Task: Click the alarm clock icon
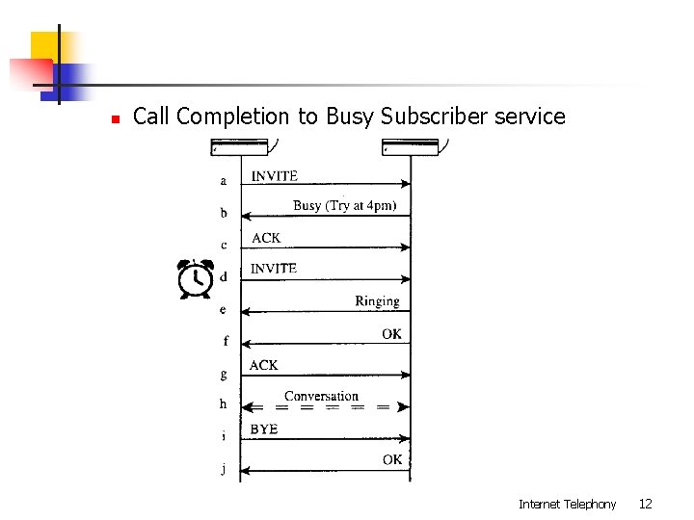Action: (x=197, y=278)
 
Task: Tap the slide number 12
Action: (x=646, y=504)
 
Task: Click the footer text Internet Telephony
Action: (x=567, y=504)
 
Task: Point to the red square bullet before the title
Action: (x=115, y=119)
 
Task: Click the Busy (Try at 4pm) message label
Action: (x=344, y=205)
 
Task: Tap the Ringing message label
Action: (x=377, y=301)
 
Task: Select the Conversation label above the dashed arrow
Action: (x=321, y=396)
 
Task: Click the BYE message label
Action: (x=263, y=429)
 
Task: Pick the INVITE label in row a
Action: (x=275, y=175)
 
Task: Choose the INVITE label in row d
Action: (x=274, y=269)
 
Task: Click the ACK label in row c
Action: (x=266, y=238)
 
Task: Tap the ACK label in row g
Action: (x=263, y=365)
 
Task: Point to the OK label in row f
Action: (x=391, y=334)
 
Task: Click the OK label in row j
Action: (x=392, y=460)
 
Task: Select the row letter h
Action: (x=223, y=404)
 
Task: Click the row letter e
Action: (x=223, y=310)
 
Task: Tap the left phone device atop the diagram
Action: (x=240, y=146)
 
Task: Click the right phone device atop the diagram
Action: (x=412, y=146)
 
